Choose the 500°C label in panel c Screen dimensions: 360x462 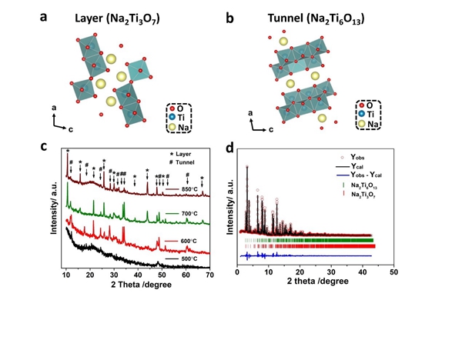pos(190,258)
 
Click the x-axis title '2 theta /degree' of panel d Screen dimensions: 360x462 pos(315,284)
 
